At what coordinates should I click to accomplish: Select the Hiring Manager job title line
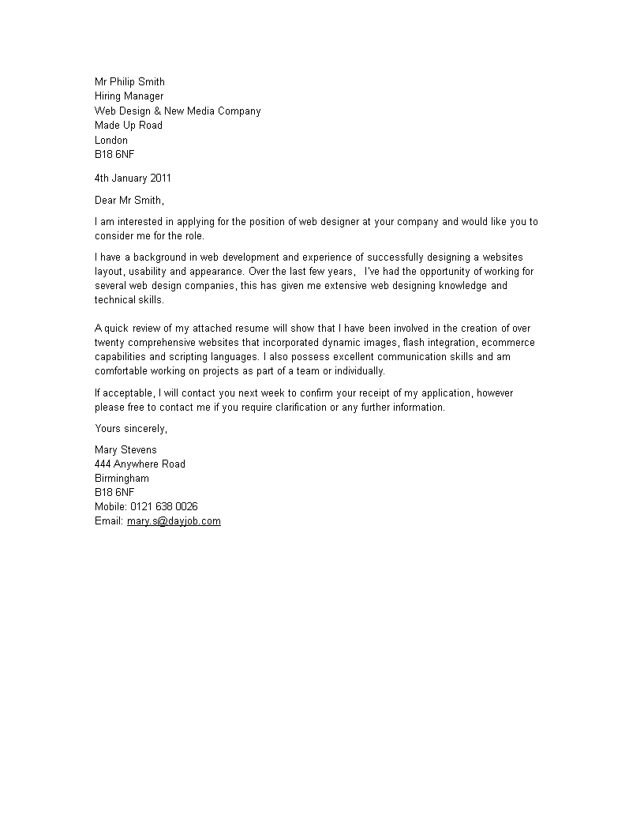[129, 96]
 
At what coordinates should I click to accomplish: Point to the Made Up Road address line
[129, 126]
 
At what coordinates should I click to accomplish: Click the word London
[111, 141]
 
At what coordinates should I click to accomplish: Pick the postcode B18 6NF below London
[114, 155]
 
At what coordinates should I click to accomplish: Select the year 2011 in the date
[160, 178]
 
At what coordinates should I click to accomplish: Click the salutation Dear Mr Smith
[129, 201]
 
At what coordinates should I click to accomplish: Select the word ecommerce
[508, 343]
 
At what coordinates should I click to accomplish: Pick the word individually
[356, 371]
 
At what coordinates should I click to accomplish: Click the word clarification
[298, 408]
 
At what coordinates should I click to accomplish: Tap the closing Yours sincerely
[131, 429]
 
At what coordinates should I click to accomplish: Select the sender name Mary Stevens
[125, 450]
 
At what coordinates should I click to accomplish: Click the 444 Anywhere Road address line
[140, 464]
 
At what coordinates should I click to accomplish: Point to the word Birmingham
[122, 479]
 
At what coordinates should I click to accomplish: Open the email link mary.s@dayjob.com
[174, 521]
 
